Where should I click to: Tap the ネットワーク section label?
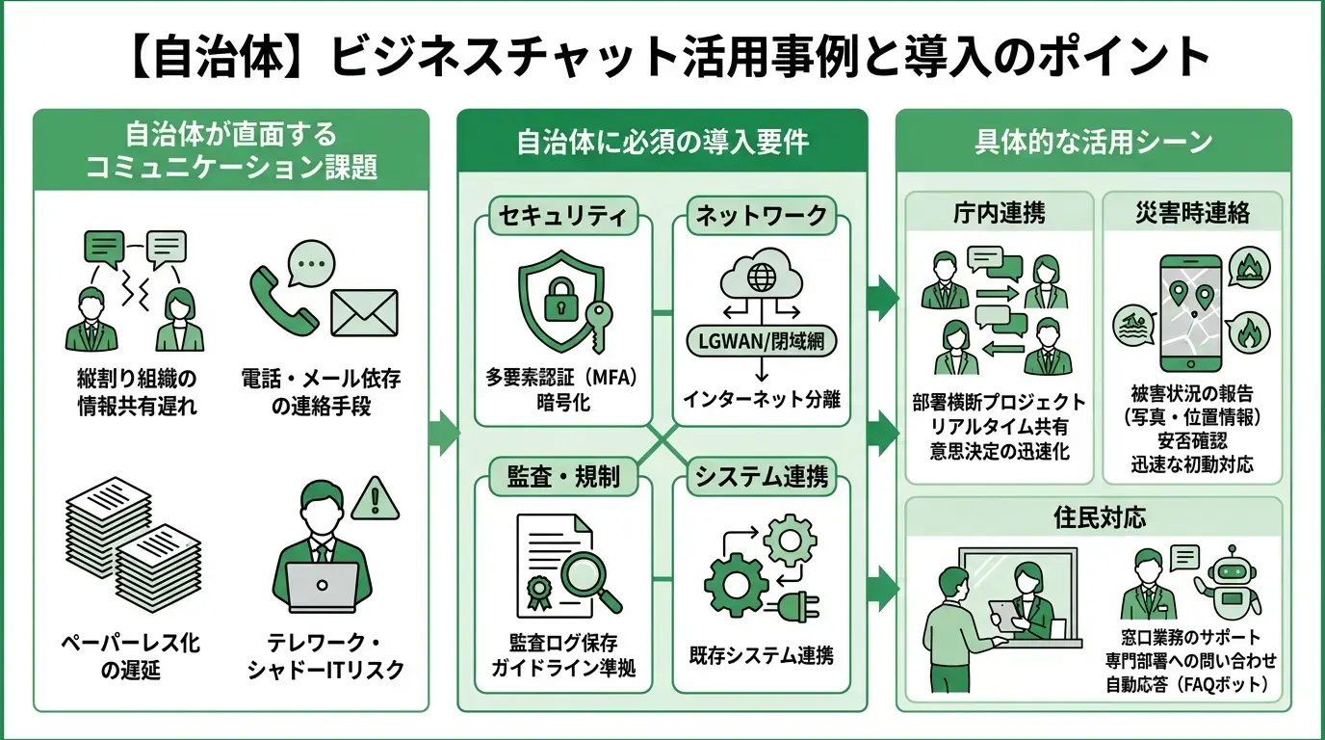[x=761, y=216]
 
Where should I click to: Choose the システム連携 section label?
[x=761, y=477]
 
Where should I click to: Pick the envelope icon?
[x=364, y=311]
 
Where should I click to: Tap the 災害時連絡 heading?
[x=1192, y=214]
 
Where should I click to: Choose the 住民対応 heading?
[x=1094, y=517]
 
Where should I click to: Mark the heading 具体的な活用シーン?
[x=1094, y=143]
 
